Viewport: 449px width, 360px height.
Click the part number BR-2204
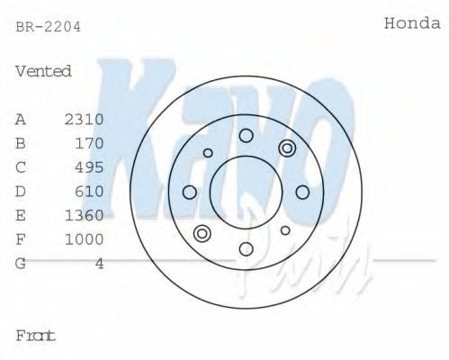click(x=49, y=27)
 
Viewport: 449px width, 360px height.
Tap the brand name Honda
click(x=413, y=24)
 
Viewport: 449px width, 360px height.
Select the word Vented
click(x=43, y=71)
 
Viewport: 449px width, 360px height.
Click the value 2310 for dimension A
click(x=85, y=119)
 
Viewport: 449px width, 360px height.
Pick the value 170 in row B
click(x=89, y=143)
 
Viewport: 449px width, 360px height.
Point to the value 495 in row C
click(x=89, y=167)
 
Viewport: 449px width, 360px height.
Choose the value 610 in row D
click(x=89, y=192)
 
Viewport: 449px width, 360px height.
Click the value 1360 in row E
click(x=85, y=215)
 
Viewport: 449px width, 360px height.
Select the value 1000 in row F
click(x=85, y=239)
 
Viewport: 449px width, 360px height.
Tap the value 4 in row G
click(x=100, y=264)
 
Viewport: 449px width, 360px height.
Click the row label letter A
click(x=21, y=119)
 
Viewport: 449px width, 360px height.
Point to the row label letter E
click(x=21, y=215)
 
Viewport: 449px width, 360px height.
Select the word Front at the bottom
click(x=36, y=336)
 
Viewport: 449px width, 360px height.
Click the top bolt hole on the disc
click(x=246, y=136)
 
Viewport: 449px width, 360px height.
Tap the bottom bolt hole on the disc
click(x=246, y=248)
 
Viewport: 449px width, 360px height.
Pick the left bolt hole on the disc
click(x=190, y=192)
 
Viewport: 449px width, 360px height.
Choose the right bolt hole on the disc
click(x=302, y=192)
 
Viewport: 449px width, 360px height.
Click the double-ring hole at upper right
click(x=287, y=148)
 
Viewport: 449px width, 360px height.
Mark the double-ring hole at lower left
click(x=202, y=235)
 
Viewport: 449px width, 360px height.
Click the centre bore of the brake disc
click(x=246, y=192)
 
